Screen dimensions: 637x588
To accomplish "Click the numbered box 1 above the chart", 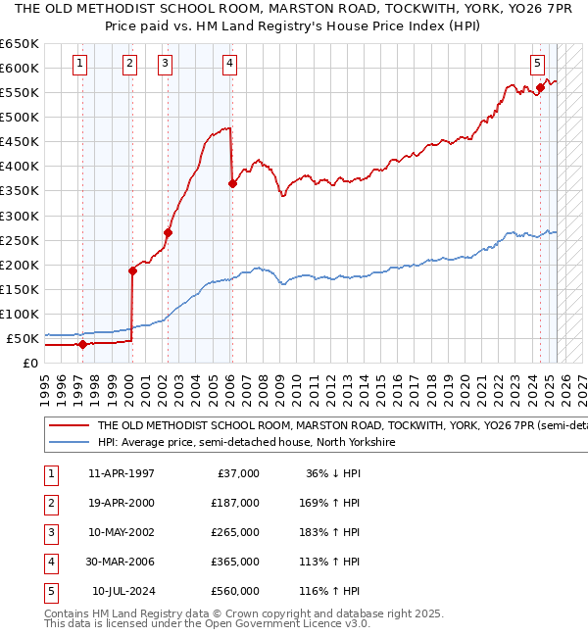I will point(79,65).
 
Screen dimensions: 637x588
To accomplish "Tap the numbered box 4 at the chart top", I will point(228,65).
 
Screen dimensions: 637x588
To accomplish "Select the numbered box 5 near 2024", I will point(538,65).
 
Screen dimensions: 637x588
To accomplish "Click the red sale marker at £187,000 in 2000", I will point(132,270).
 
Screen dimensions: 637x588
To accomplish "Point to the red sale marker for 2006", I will point(232,183).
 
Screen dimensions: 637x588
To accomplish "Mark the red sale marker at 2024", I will point(540,87).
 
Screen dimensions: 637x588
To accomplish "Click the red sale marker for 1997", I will point(82,344).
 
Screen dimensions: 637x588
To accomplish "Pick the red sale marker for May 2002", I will point(168,232).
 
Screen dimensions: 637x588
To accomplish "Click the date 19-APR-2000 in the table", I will point(121,502).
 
